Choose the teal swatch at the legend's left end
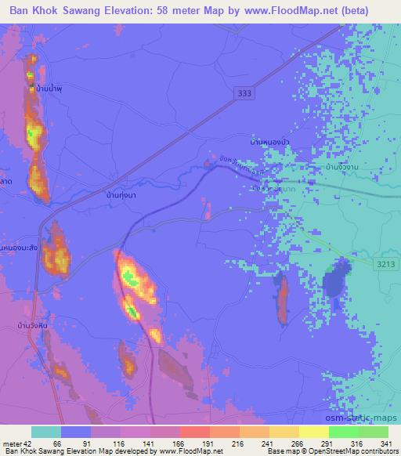[45, 432]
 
